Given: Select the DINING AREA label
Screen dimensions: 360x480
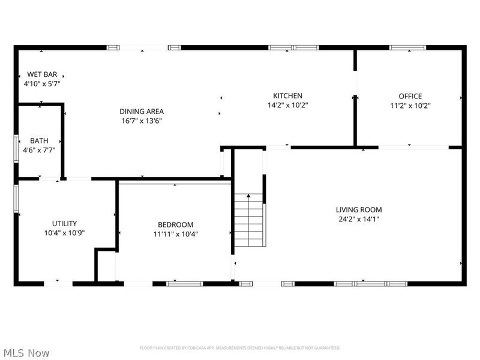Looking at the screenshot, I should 142,111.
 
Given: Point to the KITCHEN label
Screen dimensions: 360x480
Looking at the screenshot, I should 287,95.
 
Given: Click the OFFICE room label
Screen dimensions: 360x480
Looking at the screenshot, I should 410,96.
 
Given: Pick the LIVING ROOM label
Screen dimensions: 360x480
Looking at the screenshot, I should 358,209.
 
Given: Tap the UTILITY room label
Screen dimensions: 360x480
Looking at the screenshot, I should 64,223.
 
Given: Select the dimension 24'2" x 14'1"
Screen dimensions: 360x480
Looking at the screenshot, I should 358,219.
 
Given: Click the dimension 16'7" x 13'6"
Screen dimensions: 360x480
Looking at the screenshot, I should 142,121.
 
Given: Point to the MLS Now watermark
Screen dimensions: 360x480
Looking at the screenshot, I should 26,353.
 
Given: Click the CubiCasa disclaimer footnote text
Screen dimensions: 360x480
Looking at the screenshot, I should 240,348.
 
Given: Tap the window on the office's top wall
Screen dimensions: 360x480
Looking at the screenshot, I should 408,47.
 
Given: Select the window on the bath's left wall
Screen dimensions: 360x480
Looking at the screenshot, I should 16,148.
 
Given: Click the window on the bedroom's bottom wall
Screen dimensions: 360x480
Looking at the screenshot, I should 185,283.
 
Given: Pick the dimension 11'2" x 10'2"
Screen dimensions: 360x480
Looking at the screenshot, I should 410,105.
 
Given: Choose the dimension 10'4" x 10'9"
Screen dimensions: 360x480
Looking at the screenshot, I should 64,233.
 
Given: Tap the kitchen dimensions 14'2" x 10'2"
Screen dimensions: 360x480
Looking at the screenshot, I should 287,105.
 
